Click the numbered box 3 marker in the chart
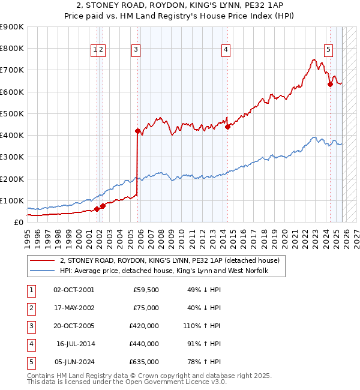pyautogui.click(x=136, y=50)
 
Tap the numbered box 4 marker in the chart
pyautogui.click(x=226, y=50)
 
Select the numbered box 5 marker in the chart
pyautogui.click(x=329, y=50)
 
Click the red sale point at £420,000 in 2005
pyautogui.click(x=137, y=131)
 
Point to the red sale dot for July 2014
pyautogui.click(x=227, y=126)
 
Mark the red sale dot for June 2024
pyautogui.click(x=329, y=84)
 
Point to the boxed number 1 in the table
pyautogui.click(x=30, y=290)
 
